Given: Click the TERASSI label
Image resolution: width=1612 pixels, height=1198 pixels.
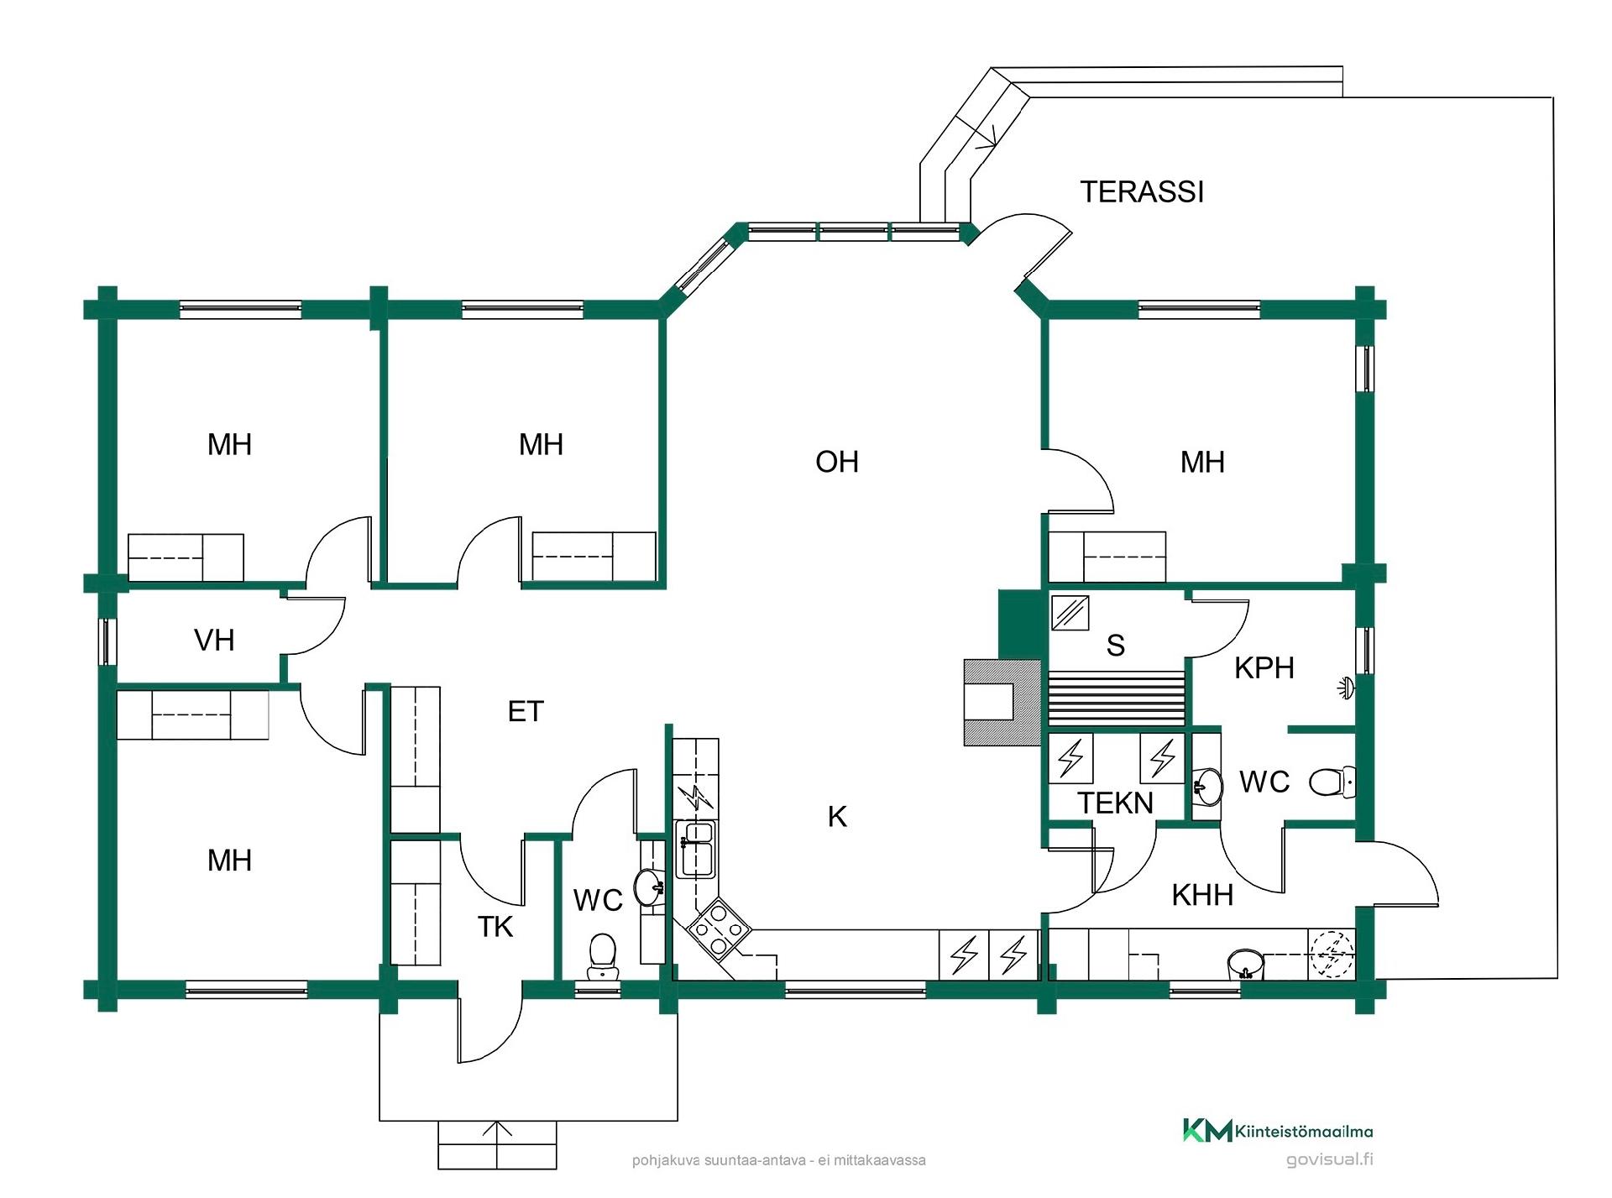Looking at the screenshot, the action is coord(1142,192).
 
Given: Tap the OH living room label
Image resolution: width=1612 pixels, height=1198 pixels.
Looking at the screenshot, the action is coord(837,462).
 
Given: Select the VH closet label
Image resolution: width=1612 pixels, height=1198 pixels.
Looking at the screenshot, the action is coord(214,641).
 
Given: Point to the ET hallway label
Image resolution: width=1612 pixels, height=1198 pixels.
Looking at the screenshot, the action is coord(526,712).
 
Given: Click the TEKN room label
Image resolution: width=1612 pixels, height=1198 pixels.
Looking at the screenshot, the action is coord(1116,803).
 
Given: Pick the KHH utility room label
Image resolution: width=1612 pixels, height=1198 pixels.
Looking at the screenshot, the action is coord(1202,896).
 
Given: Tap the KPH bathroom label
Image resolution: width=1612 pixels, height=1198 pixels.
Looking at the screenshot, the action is coord(1264,668).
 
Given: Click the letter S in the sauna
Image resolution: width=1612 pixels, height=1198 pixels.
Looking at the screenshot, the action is coord(1116,646).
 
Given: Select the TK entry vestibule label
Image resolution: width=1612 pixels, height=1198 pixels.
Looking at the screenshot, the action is coord(495,927).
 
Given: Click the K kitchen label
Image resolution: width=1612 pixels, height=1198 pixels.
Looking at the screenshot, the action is coord(837,817).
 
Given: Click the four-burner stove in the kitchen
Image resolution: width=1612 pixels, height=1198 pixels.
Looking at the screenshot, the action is coord(719,929).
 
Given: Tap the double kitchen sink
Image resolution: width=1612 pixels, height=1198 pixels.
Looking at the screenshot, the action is coord(696,849).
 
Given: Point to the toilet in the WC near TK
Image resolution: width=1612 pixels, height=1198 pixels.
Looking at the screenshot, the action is coord(602,956).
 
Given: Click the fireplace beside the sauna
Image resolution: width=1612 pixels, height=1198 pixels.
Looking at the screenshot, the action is coord(1002,702).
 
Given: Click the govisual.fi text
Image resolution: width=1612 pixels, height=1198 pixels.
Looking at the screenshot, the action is coord(1330,1160).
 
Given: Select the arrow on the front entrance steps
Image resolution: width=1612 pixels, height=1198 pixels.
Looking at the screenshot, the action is coord(498,1144).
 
